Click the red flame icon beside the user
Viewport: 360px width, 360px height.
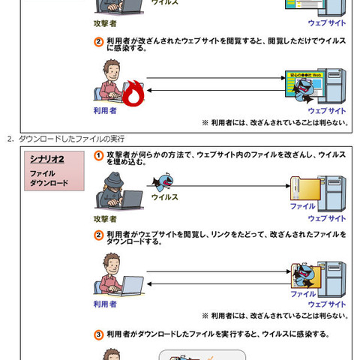coord(133,94)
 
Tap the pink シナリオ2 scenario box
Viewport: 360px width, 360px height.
coord(53,171)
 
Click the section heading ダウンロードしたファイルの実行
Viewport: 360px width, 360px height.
coord(71,139)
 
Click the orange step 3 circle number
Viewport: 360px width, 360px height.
coord(98,334)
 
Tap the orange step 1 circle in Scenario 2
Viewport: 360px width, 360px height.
coord(98,154)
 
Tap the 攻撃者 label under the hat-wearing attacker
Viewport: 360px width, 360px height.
coord(105,218)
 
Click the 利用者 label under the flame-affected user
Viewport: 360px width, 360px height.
coord(105,110)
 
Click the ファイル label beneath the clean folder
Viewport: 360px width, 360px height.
coord(302,205)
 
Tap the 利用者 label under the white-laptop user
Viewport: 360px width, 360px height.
coord(105,304)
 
